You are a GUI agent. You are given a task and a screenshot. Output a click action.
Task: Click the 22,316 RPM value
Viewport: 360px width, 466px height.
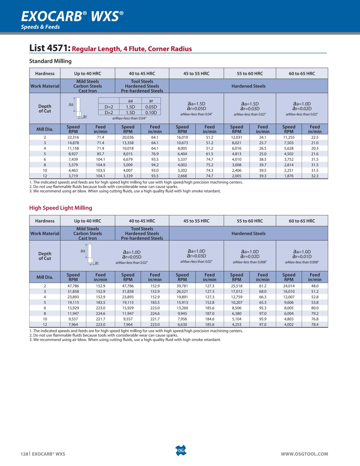point(73,137)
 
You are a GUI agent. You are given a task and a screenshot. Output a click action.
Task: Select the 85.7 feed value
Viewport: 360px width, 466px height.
point(100,154)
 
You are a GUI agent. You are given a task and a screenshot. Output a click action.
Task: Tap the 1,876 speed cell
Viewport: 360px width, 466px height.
point(289,176)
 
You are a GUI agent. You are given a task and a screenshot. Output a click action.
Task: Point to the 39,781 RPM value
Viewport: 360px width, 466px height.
point(182,286)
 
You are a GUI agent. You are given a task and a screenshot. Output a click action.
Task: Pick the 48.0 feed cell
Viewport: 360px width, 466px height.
point(315,286)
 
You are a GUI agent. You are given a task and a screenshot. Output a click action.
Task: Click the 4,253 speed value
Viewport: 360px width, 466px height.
point(236,325)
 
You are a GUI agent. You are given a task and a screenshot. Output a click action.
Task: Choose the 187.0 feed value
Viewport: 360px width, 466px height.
point(209,313)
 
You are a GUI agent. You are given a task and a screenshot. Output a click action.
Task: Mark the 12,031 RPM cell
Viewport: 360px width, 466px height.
point(236,137)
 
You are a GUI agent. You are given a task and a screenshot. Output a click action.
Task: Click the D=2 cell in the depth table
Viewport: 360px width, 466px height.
point(109,107)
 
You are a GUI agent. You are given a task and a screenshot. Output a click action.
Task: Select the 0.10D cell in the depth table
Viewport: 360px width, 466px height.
point(151,113)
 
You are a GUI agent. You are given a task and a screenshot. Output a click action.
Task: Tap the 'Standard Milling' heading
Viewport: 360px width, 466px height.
point(50,61)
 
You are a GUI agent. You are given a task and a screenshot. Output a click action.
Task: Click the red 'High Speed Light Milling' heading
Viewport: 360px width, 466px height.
point(61,208)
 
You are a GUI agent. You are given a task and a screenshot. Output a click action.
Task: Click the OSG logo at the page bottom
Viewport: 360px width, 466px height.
point(180,451)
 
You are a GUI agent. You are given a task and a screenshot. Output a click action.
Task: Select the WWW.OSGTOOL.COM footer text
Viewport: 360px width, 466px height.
point(304,454)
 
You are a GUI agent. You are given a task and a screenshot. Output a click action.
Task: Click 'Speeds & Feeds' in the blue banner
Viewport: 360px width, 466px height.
point(40,27)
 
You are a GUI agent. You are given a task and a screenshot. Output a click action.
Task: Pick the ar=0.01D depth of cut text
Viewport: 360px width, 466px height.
point(302,256)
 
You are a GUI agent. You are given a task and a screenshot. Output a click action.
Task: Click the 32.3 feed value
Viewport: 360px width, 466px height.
point(315,176)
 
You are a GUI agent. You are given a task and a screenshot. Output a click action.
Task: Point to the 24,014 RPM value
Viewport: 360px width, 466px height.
point(289,286)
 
